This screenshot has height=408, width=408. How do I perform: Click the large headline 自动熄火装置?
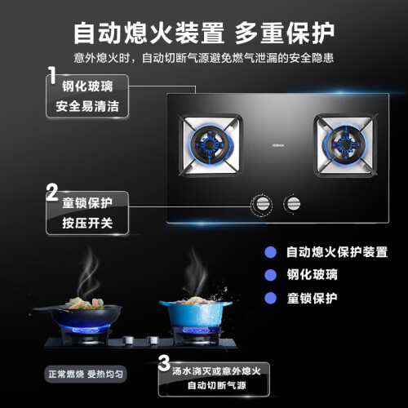pyautogui.click(x=149, y=33)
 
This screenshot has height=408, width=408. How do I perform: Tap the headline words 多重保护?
pyautogui.click(x=285, y=33)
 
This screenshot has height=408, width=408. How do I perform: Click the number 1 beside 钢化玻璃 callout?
pyautogui.click(x=52, y=75)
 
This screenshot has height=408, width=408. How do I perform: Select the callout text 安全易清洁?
pyautogui.click(x=87, y=106)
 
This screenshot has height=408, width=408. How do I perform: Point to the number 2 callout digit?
pyautogui.click(x=52, y=192)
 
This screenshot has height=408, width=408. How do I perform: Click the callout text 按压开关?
pyautogui.click(x=87, y=223)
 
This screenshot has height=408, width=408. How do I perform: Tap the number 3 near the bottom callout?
pyautogui.click(x=164, y=363)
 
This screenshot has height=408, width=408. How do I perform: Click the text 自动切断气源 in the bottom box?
pyautogui.click(x=217, y=385)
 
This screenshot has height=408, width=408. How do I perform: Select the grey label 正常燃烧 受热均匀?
pyautogui.click(x=86, y=375)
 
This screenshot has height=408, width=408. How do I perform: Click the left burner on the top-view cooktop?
pyautogui.click(x=211, y=145)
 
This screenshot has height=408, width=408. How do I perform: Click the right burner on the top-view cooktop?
pyautogui.click(x=345, y=145)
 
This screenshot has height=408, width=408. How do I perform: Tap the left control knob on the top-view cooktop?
pyautogui.click(x=261, y=205)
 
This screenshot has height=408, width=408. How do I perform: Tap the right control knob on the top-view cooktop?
pyautogui.click(x=292, y=204)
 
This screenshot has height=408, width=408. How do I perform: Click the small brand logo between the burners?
pyautogui.click(x=278, y=145)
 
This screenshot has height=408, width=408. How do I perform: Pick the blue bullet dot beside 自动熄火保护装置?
pyautogui.click(x=271, y=252)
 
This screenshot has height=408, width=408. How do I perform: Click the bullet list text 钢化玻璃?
pyautogui.click(x=313, y=275)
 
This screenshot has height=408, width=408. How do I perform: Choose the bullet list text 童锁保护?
pyautogui.click(x=313, y=298)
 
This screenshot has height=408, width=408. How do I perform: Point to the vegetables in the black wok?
pyautogui.click(x=84, y=303)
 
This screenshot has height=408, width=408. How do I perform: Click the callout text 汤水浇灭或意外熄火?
pyautogui.click(x=217, y=371)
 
